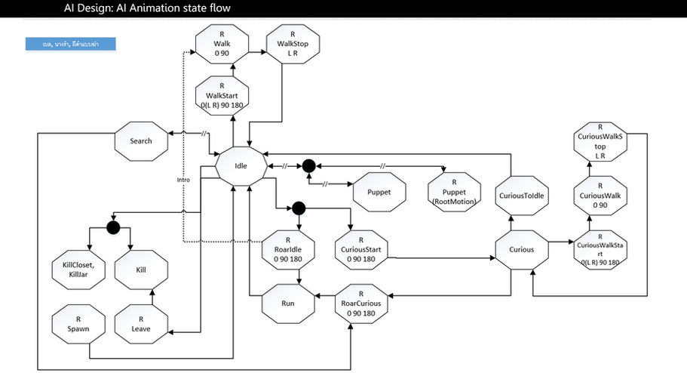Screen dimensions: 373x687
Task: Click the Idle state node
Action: click(x=241, y=165)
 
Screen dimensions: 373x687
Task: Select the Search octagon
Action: click(x=141, y=141)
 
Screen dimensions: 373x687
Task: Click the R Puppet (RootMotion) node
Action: click(x=454, y=187)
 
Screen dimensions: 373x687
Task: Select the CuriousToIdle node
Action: click(x=522, y=196)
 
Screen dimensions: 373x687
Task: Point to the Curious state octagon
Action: click(x=522, y=249)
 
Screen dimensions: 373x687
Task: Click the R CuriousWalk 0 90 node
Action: click(x=600, y=196)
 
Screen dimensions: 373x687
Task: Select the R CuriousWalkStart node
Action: click(x=600, y=249)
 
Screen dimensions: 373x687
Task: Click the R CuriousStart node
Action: click(x=359, y=249)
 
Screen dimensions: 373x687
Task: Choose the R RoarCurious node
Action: click(x=360, y=304)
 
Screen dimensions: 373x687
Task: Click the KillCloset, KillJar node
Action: click(x=78, y=269)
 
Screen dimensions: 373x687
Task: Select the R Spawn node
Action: click(x=79, y=325)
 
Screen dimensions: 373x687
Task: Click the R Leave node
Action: click(x=140, y=325)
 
